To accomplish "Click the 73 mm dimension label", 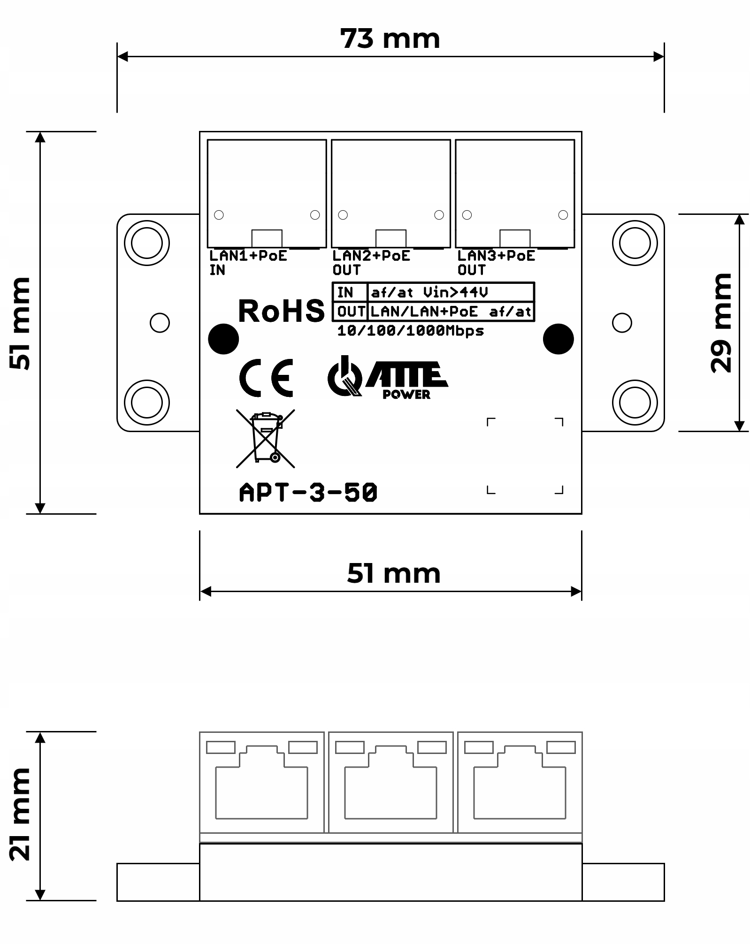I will (x=390, y=38).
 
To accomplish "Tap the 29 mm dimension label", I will (x=721, y=323).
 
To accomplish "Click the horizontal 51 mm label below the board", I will (x=393, y=573).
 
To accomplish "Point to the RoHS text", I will (x=281, y=311).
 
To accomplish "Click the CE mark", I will (x=266, y=378).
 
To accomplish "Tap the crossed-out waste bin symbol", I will (x=266, y=438).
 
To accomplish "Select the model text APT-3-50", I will (x=308, y=493).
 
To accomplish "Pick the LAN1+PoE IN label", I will (x=247, y=263).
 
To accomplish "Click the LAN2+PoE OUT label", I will (x=371, y=263).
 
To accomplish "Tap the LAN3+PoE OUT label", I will (x=496, y=263).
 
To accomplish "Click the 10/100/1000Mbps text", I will (x=410, y=331).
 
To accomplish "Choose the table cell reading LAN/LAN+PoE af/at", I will (x=451, y=312).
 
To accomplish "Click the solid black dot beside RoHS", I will (x=223, y=339).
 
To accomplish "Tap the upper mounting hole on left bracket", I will (x=146, y=243).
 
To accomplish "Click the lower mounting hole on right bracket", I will (x=635, y=402).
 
